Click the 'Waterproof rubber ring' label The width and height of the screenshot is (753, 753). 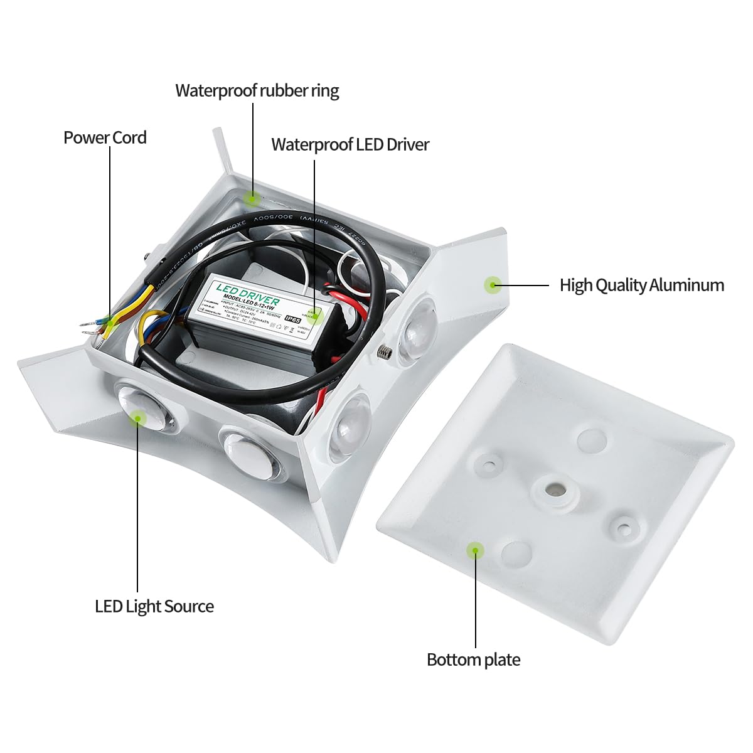[x=257, y=90]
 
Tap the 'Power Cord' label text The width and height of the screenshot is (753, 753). [x=105, y=137]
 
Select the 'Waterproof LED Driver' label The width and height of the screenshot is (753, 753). [x=350, y=144]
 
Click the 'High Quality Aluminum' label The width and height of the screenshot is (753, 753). [x=641, y=285]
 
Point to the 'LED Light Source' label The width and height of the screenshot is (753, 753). [x=154, y=606]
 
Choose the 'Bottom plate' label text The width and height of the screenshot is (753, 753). [x=473, y=660]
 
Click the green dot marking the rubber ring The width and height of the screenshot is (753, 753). [x=252, y=198]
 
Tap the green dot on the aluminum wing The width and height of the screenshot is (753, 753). [x=493, y=285]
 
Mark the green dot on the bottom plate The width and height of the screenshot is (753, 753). [x=476, y=551]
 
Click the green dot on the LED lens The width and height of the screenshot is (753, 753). [x=137, y=417]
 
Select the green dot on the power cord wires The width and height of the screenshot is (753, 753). [x=110, y=321]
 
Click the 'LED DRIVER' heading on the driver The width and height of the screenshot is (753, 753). [x=247, y=292]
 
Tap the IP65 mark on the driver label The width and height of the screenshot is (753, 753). [x=292, y=319]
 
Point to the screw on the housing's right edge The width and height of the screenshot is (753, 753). [x=385, y=353]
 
